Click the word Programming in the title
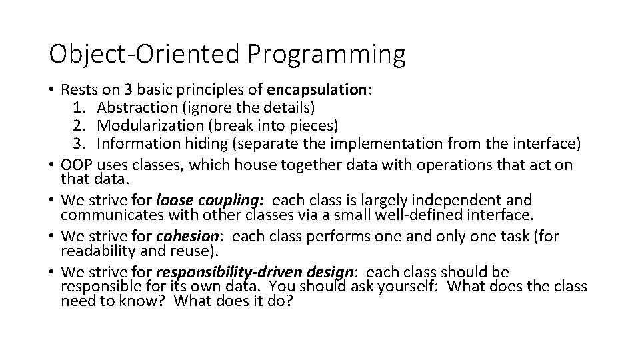(326, 55)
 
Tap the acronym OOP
(77, 165)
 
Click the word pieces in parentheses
(317, 125)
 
